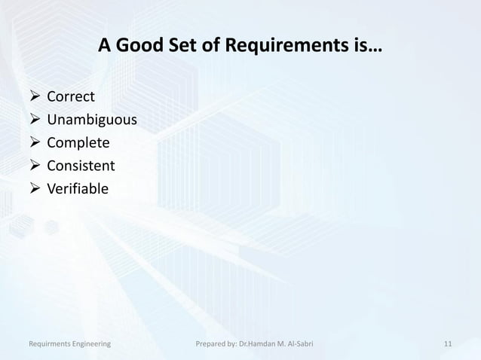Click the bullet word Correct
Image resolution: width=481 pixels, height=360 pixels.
pyautogui.click(x=71, y=96)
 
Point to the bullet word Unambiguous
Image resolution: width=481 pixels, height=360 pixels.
pyautogui.click(x=92, y=120)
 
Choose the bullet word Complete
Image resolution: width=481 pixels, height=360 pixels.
pyautogui.click(x=78, y=143)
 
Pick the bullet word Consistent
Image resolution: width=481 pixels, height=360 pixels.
pyautogui.click(x=81, y=166)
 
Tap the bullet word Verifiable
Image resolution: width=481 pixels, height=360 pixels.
pyautogui.click(x=78, y=189)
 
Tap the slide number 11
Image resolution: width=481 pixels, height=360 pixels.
pyautogui.click(x=448, y=344)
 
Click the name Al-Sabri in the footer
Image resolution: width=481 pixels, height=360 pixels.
pyautogui.click(x=299, y=344)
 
